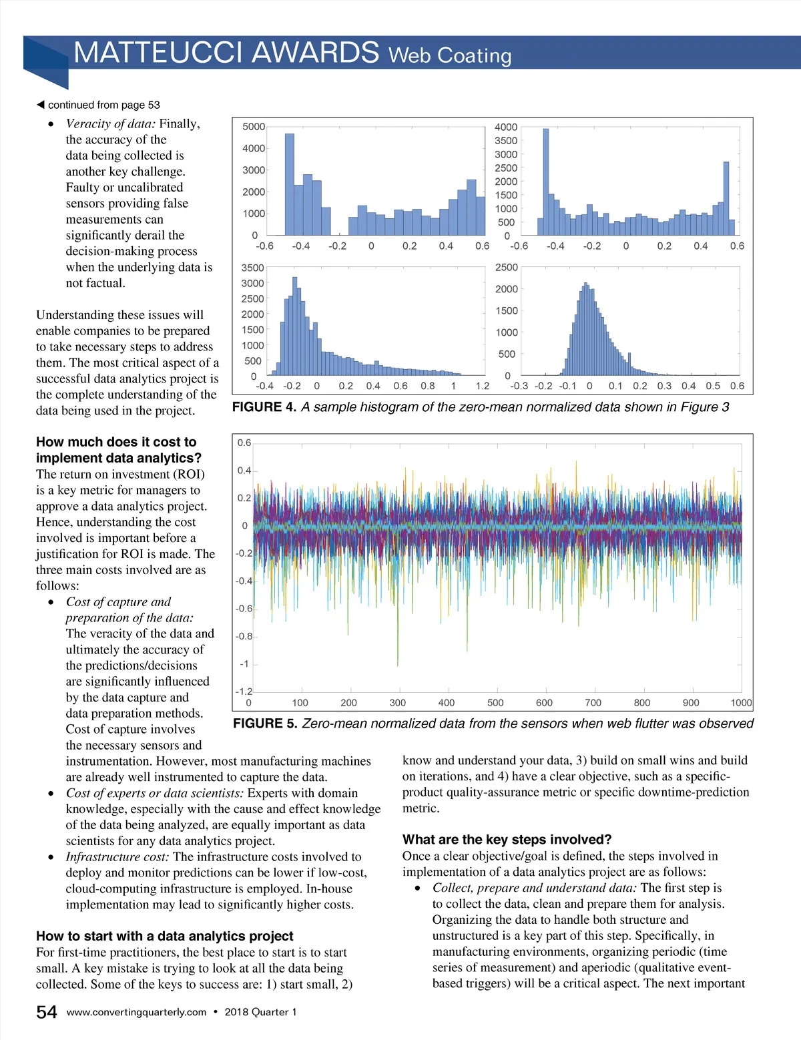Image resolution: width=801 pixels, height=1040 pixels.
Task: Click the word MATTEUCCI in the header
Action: tap(159, 52)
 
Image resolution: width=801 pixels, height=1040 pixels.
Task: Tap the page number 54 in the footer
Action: tap(47, 1012)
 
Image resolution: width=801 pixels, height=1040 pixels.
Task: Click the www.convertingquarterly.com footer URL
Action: tap(136, 1012)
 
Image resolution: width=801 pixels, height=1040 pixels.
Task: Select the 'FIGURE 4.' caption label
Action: tap(264, 407)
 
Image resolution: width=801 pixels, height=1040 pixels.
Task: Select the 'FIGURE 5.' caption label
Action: tap(265, 724)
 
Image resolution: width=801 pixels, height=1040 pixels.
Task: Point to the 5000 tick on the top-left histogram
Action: tap(254, 127)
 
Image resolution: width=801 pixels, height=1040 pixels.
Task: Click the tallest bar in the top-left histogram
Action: tap(289, 184)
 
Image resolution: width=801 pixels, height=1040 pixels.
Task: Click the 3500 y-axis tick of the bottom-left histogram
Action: tap(252, 268)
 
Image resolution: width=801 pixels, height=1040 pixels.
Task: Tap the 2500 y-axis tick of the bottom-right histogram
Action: tap(506, 268)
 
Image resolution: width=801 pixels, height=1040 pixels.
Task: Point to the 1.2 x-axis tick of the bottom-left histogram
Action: tap(482, 386)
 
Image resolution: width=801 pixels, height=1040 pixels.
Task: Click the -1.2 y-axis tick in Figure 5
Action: tap(244, 692)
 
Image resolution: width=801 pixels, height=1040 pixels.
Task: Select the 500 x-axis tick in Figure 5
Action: tap(495, 703)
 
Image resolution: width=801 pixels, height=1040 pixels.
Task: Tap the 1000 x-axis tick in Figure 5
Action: tap(741, 703)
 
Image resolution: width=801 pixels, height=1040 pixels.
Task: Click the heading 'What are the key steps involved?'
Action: tap(507, 840)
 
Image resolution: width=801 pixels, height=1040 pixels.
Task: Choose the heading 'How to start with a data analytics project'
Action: tap(164, 936)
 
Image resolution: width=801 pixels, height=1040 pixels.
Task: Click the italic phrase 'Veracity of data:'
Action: tap(111, 123)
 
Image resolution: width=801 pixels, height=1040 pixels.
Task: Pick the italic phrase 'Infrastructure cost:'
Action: tap(117, 856)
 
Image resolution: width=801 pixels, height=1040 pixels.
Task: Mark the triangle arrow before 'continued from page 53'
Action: tap(41, 105)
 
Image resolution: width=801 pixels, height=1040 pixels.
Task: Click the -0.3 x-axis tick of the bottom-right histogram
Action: tap(519, 386)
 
